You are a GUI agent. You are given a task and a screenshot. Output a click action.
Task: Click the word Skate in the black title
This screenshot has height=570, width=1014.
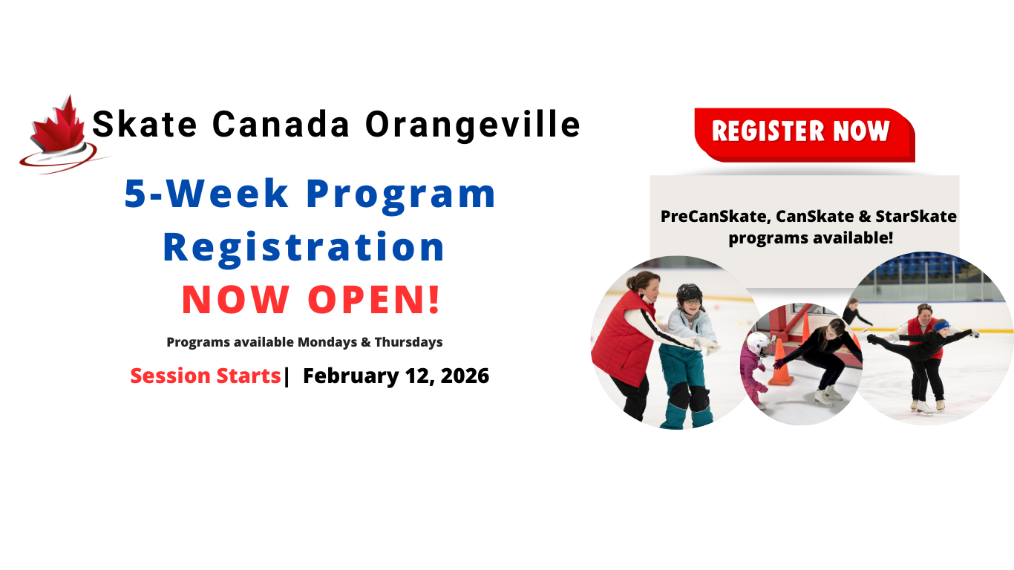click(145, 124)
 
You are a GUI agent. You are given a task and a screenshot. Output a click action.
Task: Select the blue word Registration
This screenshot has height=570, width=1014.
click(304, 249)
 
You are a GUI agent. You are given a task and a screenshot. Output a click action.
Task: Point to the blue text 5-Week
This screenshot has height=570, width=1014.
click(206, 194)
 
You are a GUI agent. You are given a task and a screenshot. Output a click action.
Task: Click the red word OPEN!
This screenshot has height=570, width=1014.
click(374, 300)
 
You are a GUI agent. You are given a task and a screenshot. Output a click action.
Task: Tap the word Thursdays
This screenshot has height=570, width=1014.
click(408, 342)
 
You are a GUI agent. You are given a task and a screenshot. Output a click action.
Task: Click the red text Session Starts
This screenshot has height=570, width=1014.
click(206, 376)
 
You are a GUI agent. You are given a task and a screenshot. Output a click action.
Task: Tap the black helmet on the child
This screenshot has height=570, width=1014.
click(689, 294)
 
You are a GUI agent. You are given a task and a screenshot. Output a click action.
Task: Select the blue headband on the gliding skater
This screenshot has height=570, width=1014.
click(942, 325)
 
